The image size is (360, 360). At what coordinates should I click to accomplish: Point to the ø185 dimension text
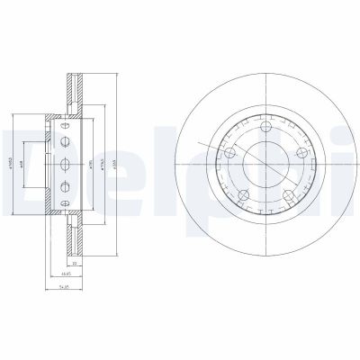92,163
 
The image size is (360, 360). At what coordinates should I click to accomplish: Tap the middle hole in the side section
65,164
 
